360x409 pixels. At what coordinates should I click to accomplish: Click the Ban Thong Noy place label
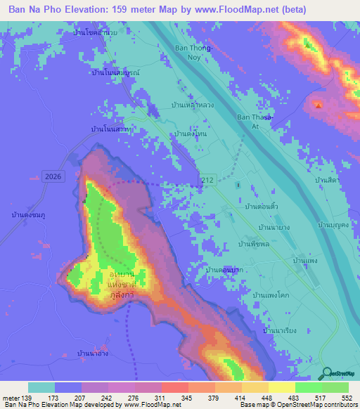click(x=193, y=53)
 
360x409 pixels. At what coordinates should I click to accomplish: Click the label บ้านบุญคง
click(x=334, y=225)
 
